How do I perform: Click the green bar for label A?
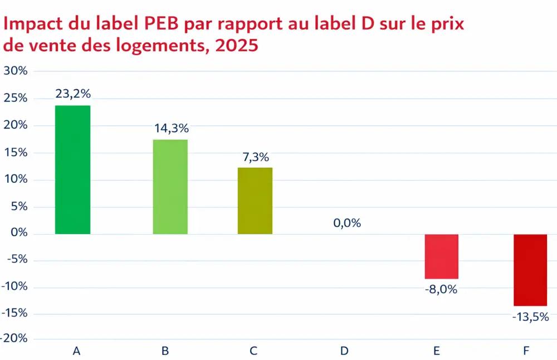(72, 169)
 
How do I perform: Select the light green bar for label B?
(170, 187)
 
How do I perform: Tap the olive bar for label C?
(255, 201)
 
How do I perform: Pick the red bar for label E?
(441, 256)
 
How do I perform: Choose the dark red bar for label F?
(530, 270)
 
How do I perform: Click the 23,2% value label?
(73, 94)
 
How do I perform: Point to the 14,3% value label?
(171, 129)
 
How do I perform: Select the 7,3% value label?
(255, 157)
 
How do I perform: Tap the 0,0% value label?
(347, 223)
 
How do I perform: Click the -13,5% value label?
(530, 317)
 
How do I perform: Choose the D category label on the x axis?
(344, 351)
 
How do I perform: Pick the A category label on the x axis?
(77, 351)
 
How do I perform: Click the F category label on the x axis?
(526, 351)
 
